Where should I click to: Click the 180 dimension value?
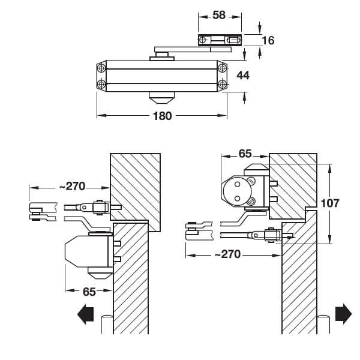(x=163, y=116)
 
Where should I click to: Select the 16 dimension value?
(x=268, y=40)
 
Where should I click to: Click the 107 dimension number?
(x=329, y=203)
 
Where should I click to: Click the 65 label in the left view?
(x=89, y=292)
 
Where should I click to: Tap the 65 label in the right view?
(x=245, y=154)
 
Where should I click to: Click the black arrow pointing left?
(x=86, y=313)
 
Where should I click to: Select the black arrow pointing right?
(x=343, y=313)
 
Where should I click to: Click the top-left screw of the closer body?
(x=101, y=67)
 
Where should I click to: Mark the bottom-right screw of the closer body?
(x=223, y=83)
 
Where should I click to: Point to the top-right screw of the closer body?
(x=223, y=67)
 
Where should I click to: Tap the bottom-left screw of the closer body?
(x=101, y=83)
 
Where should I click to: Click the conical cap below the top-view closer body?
(x=162, y=97)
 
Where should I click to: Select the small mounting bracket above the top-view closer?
(x=220, y=40)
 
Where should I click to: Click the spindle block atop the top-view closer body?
(x=160, y=56)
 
